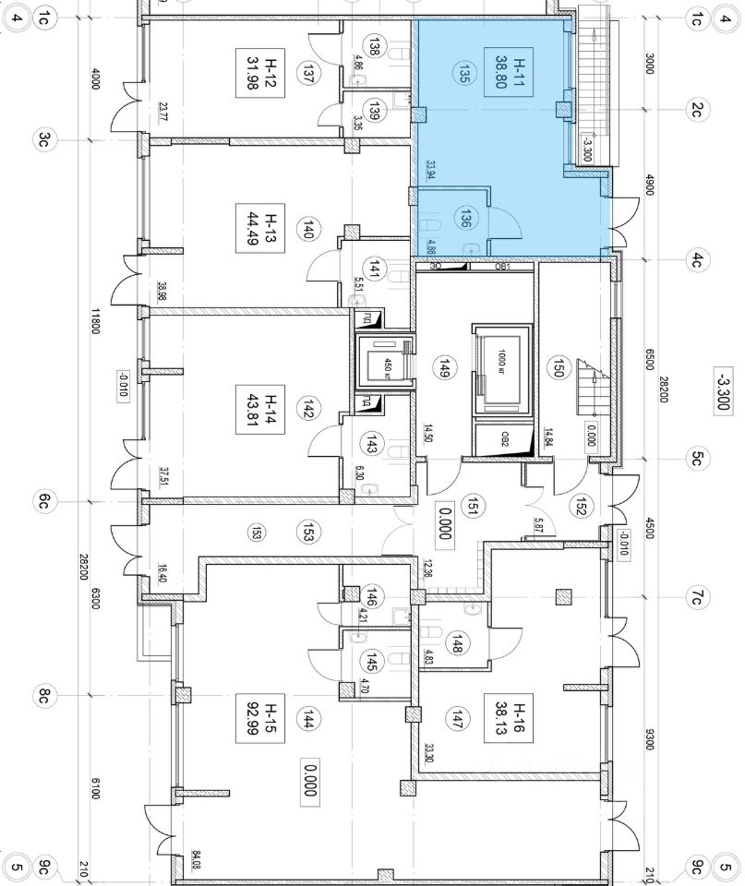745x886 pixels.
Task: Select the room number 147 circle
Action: pos(455,718)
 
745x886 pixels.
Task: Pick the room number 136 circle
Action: pos(466,218)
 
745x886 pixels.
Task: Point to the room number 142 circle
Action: pos(307,410)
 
